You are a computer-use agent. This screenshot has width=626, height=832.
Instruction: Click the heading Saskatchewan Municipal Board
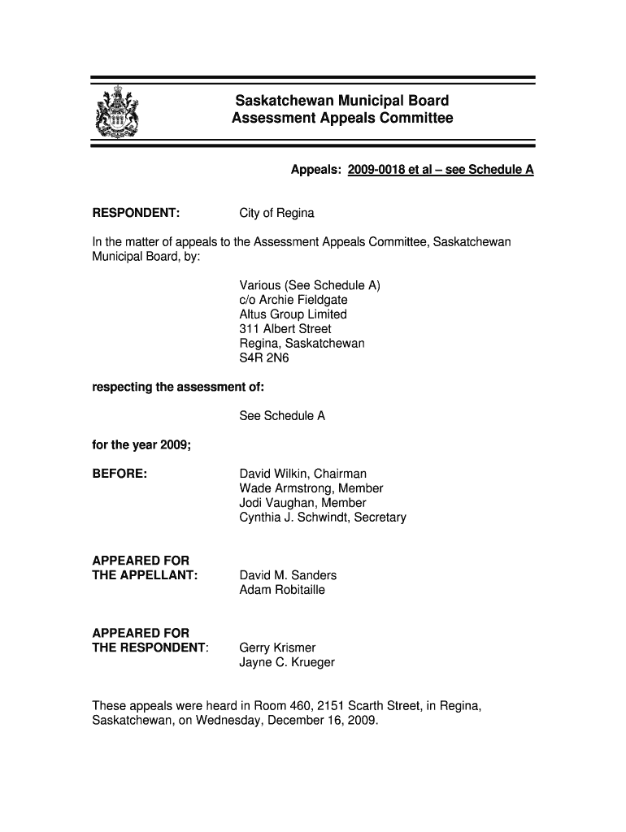341,102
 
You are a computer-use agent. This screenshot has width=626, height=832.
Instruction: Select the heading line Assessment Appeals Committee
341,119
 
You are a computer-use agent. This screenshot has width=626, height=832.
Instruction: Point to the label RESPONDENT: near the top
136,213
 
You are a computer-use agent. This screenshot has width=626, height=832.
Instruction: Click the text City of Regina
276,213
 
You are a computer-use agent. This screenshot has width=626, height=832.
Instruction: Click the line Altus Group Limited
293,314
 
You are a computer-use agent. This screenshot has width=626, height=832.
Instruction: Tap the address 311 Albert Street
285,329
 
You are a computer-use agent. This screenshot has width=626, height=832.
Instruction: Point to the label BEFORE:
120,474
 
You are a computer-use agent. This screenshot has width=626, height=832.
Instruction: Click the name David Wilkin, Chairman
302,474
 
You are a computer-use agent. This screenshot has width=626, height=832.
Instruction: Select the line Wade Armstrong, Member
311,488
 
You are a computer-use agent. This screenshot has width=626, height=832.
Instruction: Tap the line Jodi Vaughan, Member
302,503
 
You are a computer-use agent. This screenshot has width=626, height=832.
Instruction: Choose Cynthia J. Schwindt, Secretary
322,518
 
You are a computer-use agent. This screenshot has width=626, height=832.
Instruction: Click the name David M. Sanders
288,575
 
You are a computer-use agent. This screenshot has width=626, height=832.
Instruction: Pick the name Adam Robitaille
281,590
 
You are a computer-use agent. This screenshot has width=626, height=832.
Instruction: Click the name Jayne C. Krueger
287,662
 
